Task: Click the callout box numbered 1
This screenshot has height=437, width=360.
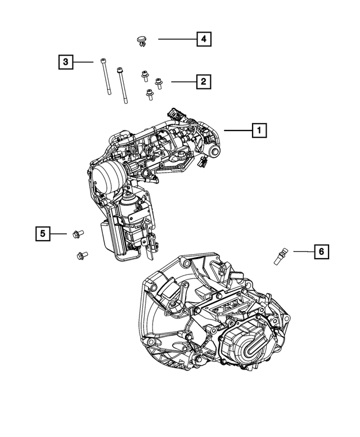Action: (x=259, y=130)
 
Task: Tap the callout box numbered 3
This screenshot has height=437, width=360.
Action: (x=66, y=61)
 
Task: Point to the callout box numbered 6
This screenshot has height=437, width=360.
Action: (x=321, y=251)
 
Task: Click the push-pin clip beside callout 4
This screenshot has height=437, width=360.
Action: (x=142, y=40)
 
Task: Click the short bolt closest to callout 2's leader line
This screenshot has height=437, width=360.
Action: (x=158, y=83)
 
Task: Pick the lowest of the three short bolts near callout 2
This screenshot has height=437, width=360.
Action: (x=150, y=95)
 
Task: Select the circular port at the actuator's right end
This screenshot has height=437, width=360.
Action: (x=214, y=152)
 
